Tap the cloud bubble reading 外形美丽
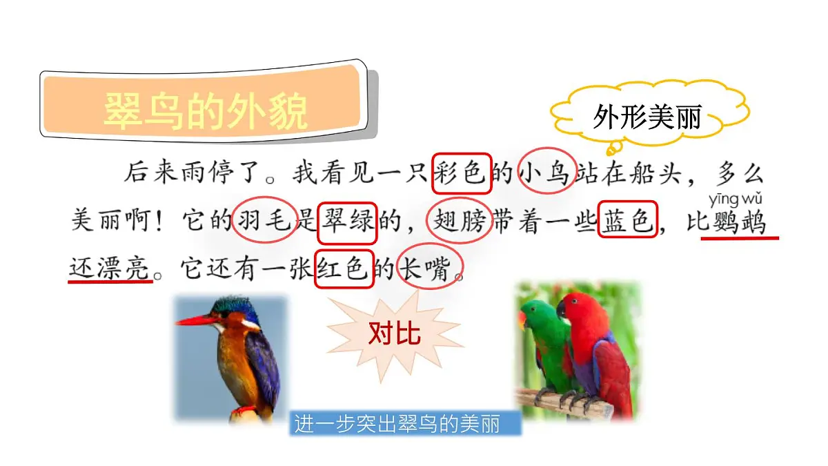point(647,118)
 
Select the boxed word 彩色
point(462,173)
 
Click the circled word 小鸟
point(546,173)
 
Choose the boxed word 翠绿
point(347,222)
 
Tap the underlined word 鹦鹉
point(740,222)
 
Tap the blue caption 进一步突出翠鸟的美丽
point(405,423)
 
